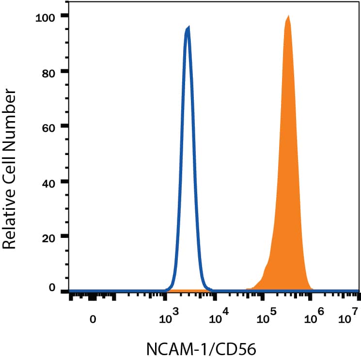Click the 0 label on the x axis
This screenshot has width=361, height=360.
click(92, 320)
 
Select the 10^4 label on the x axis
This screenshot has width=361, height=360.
click(220, 318)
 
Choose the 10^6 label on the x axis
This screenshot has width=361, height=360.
click(314, 318)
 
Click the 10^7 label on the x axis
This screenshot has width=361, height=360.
click(348, 318)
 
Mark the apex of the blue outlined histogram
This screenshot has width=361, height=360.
click(188, 28)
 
